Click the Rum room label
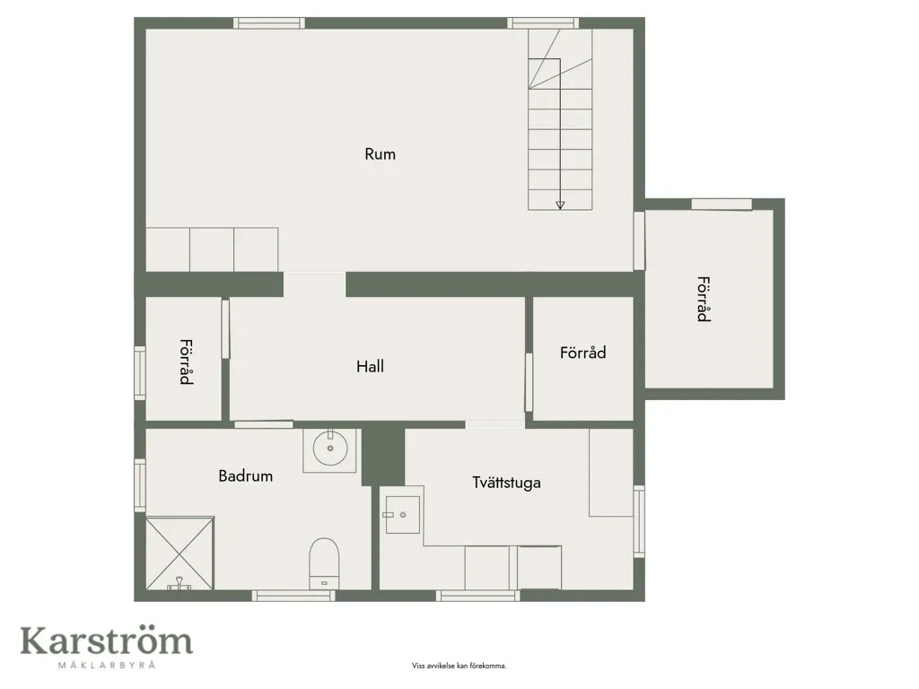380,154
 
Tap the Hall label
370,367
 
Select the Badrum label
246,475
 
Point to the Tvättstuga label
506,483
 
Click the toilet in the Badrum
324,563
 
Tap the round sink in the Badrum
330,449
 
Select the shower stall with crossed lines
179,553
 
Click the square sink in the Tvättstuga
403,515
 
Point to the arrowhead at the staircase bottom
560,205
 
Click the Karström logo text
107,641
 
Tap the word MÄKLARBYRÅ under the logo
107,665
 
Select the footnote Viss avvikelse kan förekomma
459,666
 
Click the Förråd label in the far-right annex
704,300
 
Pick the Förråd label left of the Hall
186,362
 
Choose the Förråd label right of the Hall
582,353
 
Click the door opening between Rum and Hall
315,284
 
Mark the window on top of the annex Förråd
722,204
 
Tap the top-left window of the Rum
269,22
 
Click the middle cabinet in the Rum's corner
212,249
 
